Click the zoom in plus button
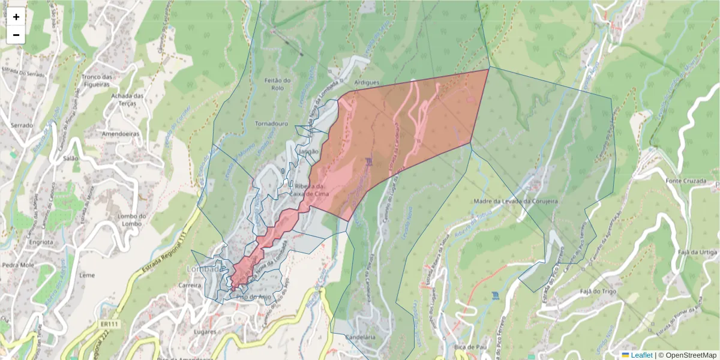pyautogui.click(x=16, y=17)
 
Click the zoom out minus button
pyautogui.click(x=16, y=35)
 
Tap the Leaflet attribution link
pyautogui.click(x=641, y=355)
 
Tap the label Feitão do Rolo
pyautogui.click(x=278, y=84)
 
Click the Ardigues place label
pyautogui.click(x=368, y=82)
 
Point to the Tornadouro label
pyautogui.click(x=272, y=124)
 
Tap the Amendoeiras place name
pyautogui.click(x=121, y=134)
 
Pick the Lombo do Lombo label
pyautogui.click(x=133, y=220)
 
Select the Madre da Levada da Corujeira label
pyautogui.click(x=516, y=202)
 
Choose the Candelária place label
pyautogui.click(x=360, y=338)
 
